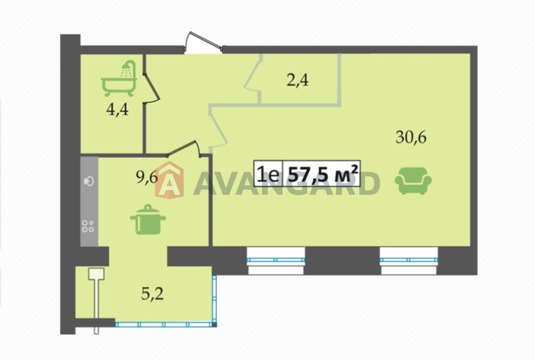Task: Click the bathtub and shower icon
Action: point(119,79)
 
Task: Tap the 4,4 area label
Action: point(118,110)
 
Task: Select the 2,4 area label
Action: point(298,81)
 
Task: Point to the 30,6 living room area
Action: point(411,137)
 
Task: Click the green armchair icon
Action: point(413,180)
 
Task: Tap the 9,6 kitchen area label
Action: point(147,176)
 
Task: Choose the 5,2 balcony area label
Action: point(152,294)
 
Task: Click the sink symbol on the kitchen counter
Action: point(89,181)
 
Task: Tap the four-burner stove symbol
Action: point(88,226)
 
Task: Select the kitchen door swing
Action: point(184,148)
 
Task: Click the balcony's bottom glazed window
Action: point(164,324)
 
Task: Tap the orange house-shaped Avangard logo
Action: point(169,180)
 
